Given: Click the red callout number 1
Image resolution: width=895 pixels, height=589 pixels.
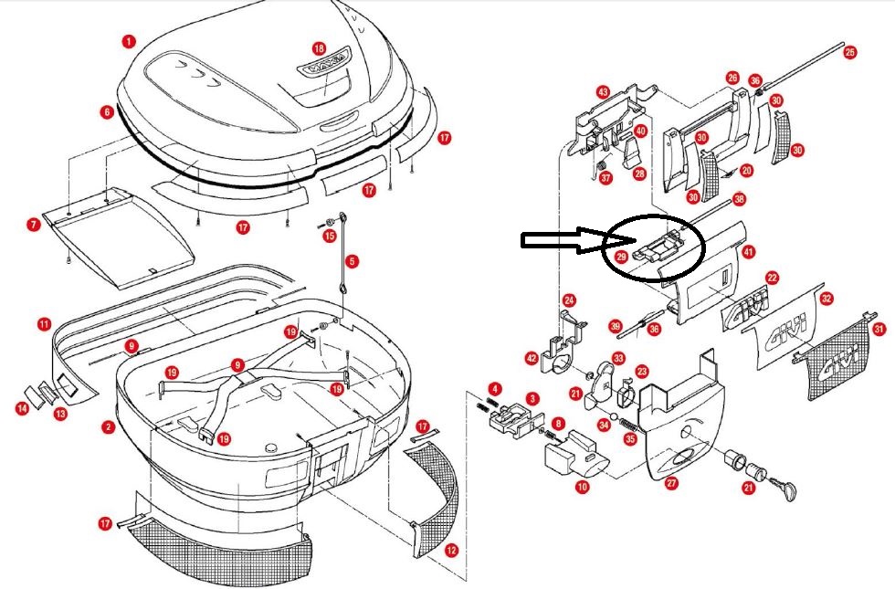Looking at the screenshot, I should [129, 41].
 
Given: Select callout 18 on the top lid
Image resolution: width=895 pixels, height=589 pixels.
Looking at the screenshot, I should [319, 47].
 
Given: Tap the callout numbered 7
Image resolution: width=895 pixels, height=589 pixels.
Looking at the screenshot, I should [33, 224].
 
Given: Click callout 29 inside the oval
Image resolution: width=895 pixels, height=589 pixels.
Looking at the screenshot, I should [621, 258].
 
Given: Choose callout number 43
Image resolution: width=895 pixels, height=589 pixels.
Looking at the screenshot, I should [603, 92].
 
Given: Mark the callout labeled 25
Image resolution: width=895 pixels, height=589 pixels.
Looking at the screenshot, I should [850, 53].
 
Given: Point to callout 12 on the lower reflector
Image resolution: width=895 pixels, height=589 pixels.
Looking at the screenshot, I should [451, 550].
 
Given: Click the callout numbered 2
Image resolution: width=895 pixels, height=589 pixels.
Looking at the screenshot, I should [108, 426].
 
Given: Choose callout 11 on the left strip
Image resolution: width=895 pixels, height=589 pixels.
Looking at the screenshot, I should [44, 324].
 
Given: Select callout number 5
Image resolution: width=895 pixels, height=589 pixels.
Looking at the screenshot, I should [353, 261].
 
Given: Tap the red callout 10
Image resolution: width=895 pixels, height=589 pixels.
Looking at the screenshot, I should [582, 488].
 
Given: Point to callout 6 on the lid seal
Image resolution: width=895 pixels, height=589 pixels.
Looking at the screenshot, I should [108, 112].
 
